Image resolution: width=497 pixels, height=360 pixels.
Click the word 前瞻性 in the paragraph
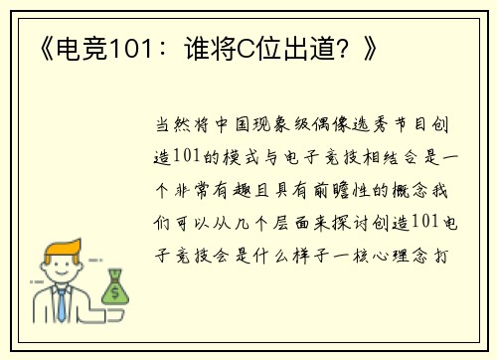pyautogui.click(x=340, y=189)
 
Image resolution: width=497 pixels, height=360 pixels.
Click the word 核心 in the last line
pyautogui.click(x=372, y=253)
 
